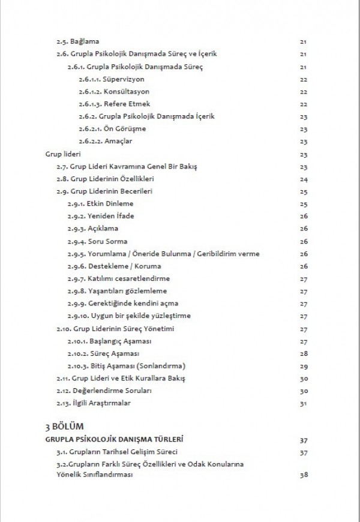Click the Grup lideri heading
coord(59,154)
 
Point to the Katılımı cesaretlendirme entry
coord(118,278)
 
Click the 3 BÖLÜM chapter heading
coord(65,426)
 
